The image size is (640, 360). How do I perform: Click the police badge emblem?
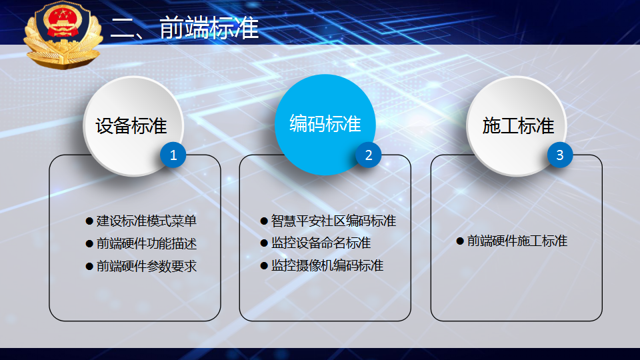click(63, 34)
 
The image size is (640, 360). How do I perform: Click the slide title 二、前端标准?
click(185, 28)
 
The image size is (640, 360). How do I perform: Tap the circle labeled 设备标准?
click(133, 126)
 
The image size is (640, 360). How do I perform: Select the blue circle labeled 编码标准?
click(325, 125)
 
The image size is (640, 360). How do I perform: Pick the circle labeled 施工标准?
click(516, 126)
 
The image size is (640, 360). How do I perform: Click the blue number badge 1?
click(173, 155)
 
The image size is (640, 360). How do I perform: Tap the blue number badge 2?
click(368, 155)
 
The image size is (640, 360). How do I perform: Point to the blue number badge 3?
click(559, 155)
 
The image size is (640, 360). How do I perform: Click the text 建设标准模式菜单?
click(147, 221)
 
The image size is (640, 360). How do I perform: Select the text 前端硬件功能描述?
click(147, 244)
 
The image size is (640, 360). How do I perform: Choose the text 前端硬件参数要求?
click(147, 266)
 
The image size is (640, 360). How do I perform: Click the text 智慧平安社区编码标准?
click(333, 221)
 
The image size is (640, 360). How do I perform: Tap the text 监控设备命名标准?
click(321, 243)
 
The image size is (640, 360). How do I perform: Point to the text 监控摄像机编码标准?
click(327, 266)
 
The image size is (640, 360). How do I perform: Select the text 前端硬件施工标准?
click(517, 241)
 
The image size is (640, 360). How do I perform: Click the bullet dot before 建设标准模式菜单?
click(89, 221)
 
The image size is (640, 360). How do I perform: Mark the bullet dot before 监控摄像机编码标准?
click(264, 266)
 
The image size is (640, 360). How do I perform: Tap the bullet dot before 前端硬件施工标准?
click(460, 241)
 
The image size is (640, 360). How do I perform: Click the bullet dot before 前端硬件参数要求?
click(89, 267)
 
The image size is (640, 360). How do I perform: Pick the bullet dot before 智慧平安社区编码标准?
click(264, 221)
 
